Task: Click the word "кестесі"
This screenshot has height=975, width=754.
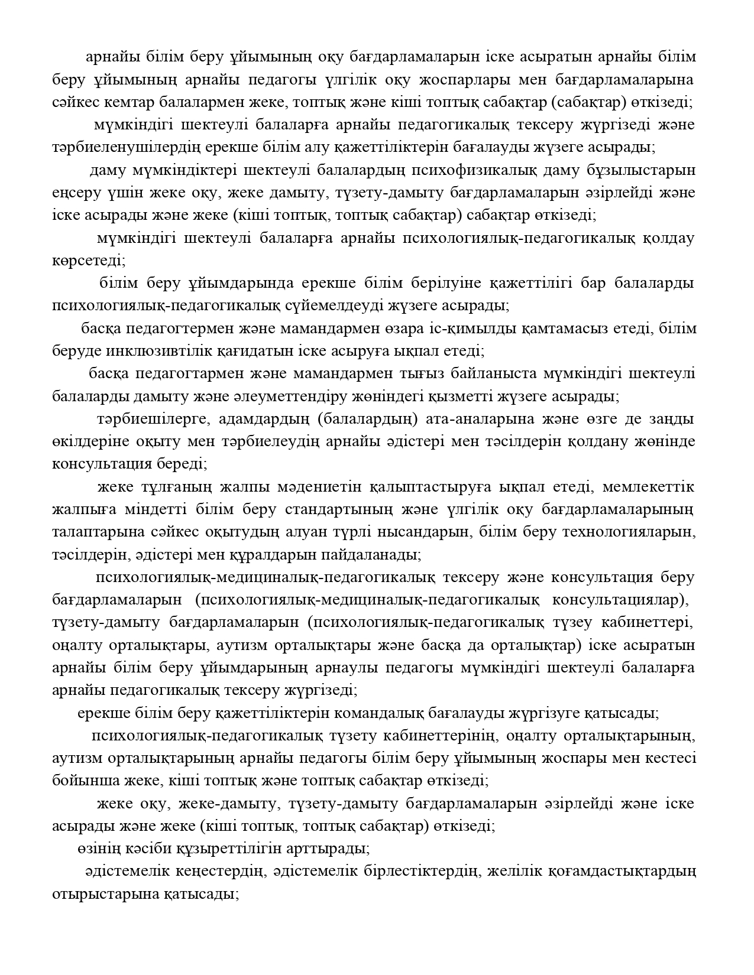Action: click(x=669, y=759)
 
